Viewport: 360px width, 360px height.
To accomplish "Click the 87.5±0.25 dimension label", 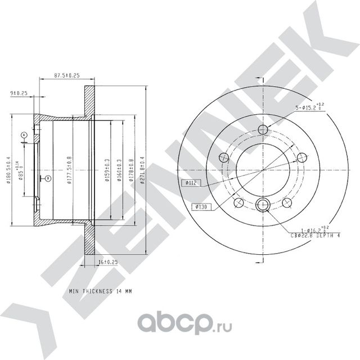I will click(x=66, y=74).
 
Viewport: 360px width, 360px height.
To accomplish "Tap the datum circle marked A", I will click(x=24, y=135).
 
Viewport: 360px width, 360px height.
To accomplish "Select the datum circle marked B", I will click(x=48, y=179).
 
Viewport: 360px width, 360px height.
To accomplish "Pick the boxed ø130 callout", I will click(x=201, y=206).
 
